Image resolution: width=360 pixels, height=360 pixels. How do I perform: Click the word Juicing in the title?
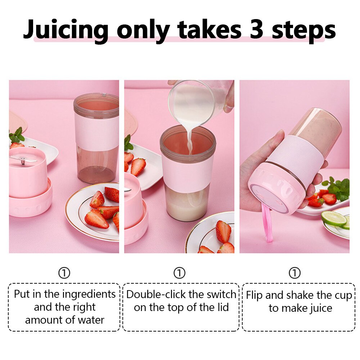(x=66, y=30)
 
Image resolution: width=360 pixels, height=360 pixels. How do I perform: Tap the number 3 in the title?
(x=256, y=29)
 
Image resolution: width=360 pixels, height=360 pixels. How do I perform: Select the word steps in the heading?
(x=304, y=31)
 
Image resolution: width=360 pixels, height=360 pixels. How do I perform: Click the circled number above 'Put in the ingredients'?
(x=64, y=273)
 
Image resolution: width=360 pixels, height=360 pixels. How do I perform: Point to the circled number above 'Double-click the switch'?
(x=180, y=273)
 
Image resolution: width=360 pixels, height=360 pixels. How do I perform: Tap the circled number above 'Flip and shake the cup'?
(x=294, y=273)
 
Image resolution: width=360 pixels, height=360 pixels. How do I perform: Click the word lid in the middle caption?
(x=223, y=307)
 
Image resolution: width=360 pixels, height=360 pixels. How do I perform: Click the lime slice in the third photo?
(x=334, y=219)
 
